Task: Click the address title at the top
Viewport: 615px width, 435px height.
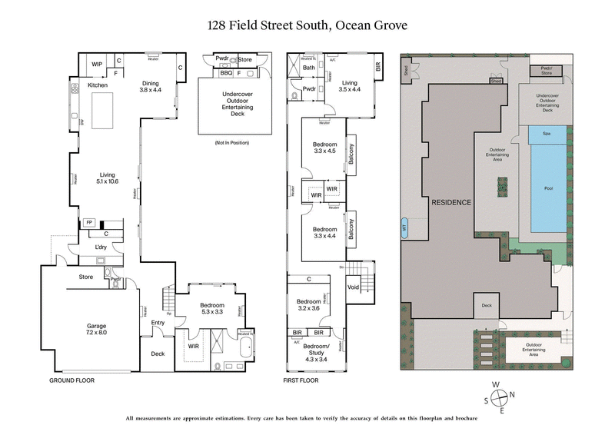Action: pos(307,26)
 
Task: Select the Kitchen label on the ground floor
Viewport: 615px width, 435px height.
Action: pos(98,85)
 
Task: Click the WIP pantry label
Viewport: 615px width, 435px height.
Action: pos(98,64)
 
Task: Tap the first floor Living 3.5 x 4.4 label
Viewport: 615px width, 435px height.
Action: pos(350,86)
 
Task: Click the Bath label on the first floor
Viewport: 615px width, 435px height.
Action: pos(309,68)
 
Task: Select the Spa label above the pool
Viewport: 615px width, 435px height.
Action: pos(547,134)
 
